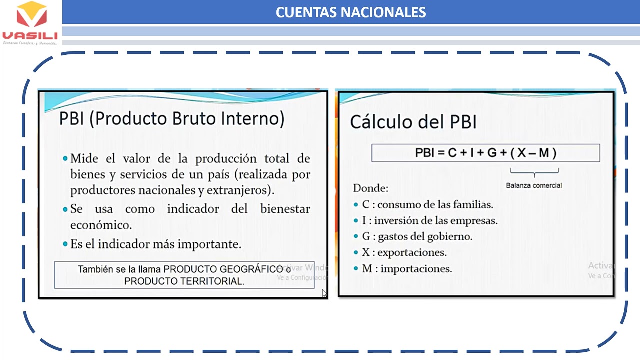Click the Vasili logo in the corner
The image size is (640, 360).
[30, 22]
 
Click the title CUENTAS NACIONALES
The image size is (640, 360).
[351, 12]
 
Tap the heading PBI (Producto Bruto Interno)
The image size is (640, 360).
[172, 119]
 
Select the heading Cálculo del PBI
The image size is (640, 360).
[413, 122]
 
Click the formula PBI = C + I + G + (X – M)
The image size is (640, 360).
[485, 153]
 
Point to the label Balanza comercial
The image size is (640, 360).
[534, 185]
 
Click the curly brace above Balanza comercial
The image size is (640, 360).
[534, 174]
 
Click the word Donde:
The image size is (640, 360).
[371, 188]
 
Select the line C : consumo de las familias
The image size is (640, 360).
[427, 204]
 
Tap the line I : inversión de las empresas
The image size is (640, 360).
[430, 220]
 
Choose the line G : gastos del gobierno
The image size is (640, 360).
[417, 236]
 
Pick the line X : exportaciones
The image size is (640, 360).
[404, 252]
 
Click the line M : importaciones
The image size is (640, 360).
[407, 268]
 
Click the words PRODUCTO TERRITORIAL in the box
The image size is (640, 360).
[184, 281]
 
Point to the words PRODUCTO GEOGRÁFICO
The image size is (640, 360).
[223, 269]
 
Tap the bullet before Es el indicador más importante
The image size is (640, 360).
[65, 244]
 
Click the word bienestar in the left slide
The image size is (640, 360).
[285, 209]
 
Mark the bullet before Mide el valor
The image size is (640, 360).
[65, 159]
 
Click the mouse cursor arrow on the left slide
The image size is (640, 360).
[324, 293]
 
